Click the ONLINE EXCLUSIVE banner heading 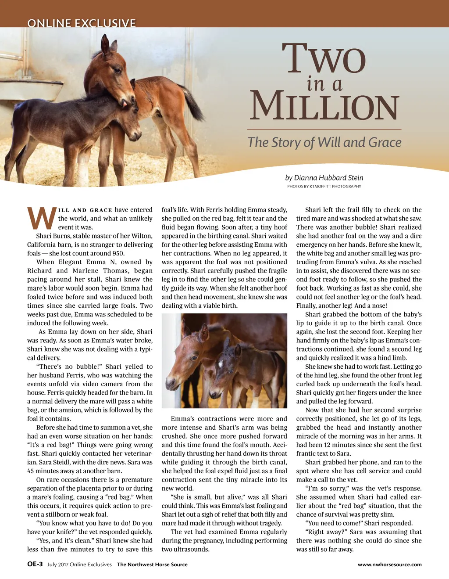(x=82, y=23)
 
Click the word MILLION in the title (x=324, y=106)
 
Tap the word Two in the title (x=324, y=59)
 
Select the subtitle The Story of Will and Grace (x=324, y=142)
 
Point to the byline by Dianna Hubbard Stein (x=324, y=178)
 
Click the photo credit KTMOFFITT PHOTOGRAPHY (x=324, y=186)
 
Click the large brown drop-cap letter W (x=42, y=218)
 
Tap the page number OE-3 (x=35, y=565)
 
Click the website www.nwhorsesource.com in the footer (x=389, y=565)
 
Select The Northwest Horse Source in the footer (x=152, y=565)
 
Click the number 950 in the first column (x=118, y=253)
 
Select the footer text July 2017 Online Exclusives (x=79, y=565)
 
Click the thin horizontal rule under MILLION (x=324, y=129)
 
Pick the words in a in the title (x=324, y=83)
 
